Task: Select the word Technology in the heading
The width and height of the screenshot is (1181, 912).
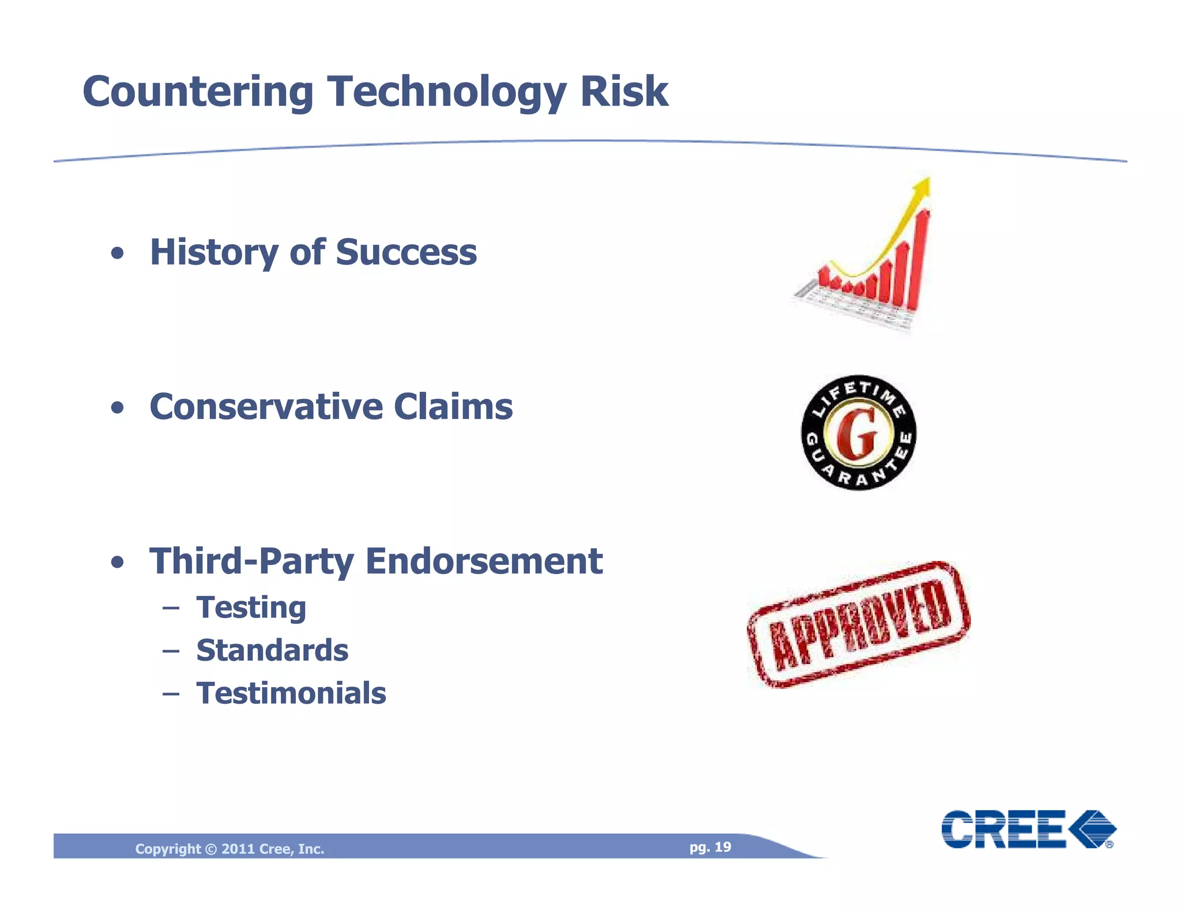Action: (x=447, y=92)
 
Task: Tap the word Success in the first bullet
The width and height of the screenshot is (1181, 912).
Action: (x=406, y=252)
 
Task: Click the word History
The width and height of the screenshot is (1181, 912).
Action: (x=214, y=253)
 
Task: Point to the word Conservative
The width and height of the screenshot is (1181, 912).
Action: (x=266, y=406)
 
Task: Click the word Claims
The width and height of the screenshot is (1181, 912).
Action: (x=453, y=406)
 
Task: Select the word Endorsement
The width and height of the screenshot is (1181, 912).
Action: (x=484, y=561)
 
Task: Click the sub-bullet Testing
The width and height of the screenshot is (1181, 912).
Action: (x=251, y=608)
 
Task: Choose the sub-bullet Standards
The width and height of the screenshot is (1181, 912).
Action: (x=272, y=650)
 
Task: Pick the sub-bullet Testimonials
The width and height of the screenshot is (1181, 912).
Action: (x=291, y=693)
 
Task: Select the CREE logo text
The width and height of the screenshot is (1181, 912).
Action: (x=1003, y=829)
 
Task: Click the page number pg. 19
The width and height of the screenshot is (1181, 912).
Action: (x=710, y=847)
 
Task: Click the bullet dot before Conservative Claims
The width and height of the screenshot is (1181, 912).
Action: (x=118, y=408)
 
